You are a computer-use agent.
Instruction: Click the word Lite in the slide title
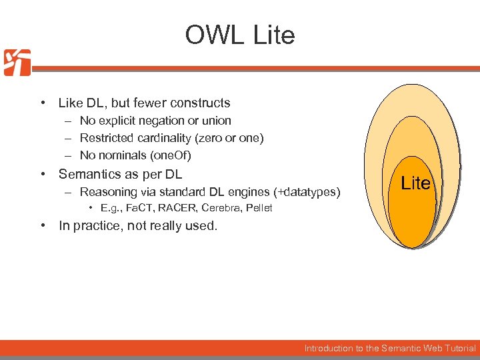273,35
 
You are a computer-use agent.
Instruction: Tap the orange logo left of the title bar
17,63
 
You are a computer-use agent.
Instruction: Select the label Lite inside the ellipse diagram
415,183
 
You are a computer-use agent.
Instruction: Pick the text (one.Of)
171,155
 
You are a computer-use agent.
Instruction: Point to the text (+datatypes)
309,193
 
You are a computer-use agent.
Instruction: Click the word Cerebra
221,208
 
